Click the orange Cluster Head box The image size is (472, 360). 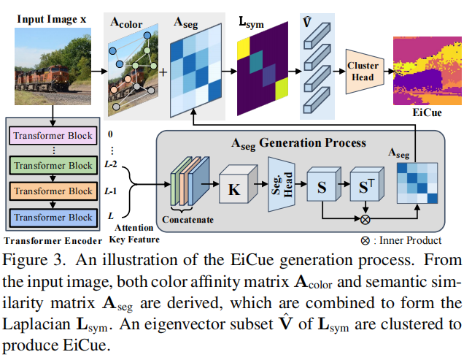coord(363,71)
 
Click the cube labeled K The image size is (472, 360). coord(235,188)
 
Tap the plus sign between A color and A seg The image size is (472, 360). coord(162,72)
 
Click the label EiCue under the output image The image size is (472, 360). coord(426,114)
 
